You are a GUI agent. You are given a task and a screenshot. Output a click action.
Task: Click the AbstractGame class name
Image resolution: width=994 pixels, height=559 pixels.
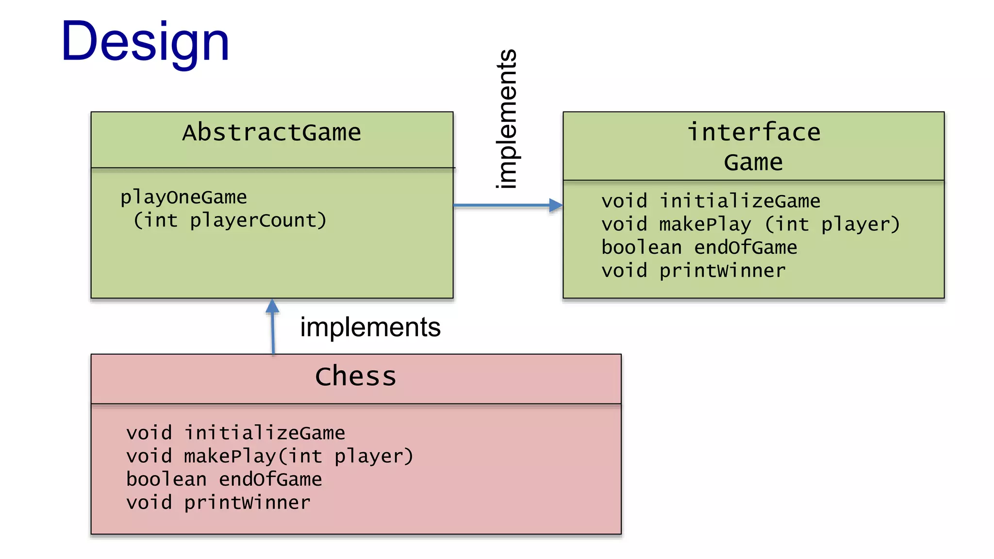coord(272,133)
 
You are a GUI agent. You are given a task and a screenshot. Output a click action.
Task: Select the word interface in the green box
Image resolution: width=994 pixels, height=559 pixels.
coord(753,132)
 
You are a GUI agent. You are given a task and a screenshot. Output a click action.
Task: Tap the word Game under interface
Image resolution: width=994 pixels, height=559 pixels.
coord(753,163)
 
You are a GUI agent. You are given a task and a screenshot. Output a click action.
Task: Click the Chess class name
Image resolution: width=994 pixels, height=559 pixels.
coord(356,377)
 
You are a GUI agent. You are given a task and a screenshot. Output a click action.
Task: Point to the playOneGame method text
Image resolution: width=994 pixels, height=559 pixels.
coord(183,197)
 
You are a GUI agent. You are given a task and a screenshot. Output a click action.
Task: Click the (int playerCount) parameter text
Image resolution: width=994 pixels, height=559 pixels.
coord(230,221)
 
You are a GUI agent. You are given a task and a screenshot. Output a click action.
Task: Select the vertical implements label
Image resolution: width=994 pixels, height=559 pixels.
coord(506,119)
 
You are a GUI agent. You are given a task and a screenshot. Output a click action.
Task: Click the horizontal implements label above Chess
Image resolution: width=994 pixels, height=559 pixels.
coord(370,327)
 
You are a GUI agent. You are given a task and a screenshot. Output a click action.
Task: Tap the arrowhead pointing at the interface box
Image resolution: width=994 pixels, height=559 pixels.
coord(556,205)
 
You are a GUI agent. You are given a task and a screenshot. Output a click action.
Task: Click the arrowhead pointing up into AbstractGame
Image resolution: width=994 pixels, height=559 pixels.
coord(272,306)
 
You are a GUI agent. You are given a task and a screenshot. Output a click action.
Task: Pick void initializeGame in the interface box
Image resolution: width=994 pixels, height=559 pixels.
coord(711,201)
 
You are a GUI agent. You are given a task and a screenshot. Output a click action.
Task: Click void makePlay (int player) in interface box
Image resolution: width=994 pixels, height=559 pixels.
coord(750,225)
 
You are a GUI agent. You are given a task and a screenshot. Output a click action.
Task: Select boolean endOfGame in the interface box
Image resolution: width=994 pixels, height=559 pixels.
coord(699,248)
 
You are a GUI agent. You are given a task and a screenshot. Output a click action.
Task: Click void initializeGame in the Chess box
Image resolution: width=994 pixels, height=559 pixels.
coord(235,433)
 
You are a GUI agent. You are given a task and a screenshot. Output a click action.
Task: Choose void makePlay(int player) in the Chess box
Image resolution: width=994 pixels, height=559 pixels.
coord(269,457)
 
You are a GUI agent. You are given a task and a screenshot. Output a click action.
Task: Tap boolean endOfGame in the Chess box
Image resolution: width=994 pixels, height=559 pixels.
coord(224,480)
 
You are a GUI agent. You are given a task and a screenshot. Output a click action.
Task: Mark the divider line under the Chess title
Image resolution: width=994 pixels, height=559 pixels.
coord(356,404)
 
